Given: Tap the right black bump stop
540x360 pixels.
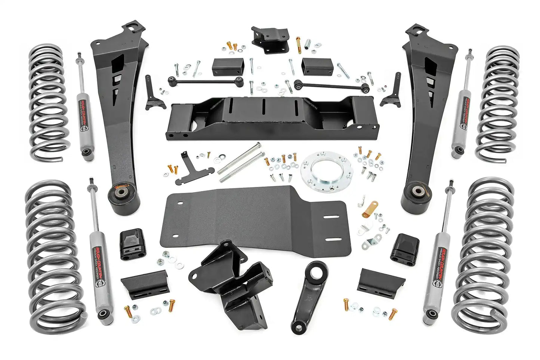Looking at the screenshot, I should point(405,247).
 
